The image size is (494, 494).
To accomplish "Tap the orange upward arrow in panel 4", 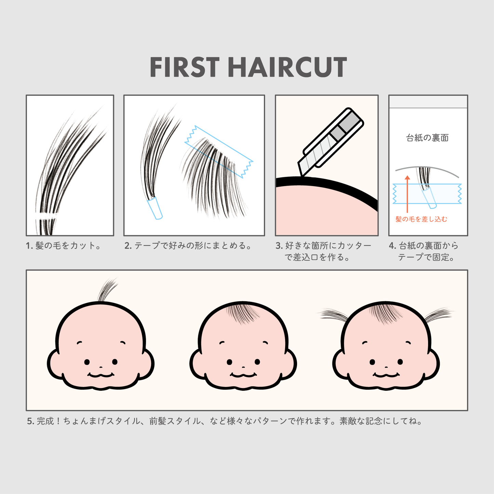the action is pyautogui.click(x=408, y=194).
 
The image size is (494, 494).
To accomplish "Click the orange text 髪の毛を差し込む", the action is pyautogui.click(x=421, y=219).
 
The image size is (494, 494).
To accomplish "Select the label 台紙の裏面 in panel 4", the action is pyautogui.click(x=427, y=138).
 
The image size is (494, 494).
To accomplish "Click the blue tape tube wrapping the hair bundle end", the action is pyautogui.click(x=155, y=209).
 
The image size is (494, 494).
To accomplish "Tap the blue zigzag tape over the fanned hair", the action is pyautogui.click(x=219, y=152).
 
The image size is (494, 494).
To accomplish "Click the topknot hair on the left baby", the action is pyautogui.click(x=107, y=290).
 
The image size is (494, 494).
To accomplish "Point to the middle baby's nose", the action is pyautogui.click(x=243, y=367).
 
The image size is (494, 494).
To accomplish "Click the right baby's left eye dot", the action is pyautogui.click(x=372, y=362).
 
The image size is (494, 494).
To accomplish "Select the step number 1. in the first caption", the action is pyautogui.click(x=29, y=246).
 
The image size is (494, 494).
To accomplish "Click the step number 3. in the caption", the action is pyautogui.click(x=279, y=246).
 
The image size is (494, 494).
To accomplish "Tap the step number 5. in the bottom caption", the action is pyautogui.click(x=31, y=421).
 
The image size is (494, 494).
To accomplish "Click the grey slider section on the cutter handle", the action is pyautogui.click(x=338, y=133).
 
